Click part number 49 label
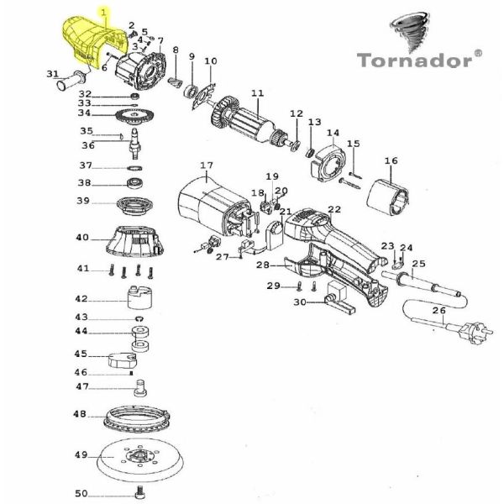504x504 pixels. click(x=81, y=455)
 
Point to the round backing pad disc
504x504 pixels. click(x=134, y=457)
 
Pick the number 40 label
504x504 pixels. click(x=81, y=238)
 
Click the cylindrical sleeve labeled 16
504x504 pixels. click(x=390, y=198)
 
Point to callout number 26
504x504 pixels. click(x=438, y=311)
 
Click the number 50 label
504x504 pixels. click(x=81, y=493)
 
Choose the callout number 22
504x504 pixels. click(x=334, y=209)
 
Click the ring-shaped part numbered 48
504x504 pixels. click(x=135, y=417)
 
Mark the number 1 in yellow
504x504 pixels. click(x=104, y=13)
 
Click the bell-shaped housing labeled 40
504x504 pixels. click(x=134, y=241)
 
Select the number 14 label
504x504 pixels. click(x=333, y=133)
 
